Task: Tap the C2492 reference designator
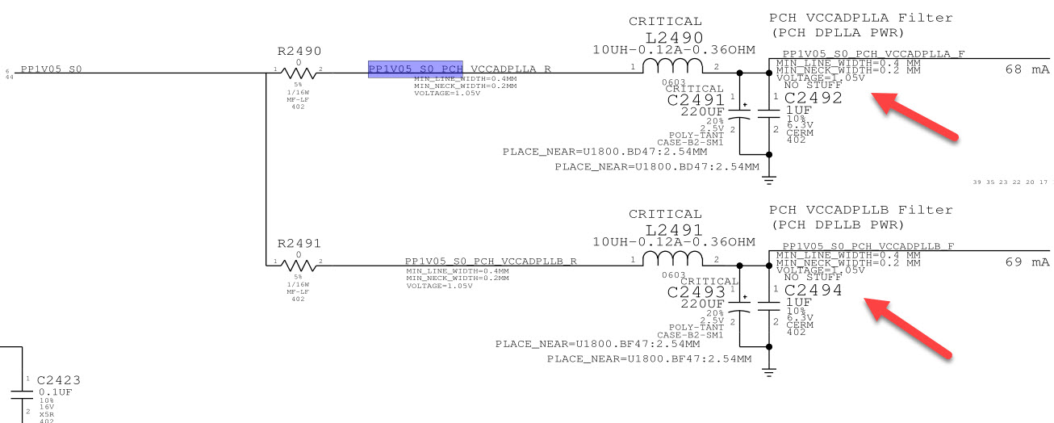point(813,98)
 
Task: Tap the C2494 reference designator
point(813,290)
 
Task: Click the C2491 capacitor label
point(695,100)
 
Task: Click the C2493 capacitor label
point(695,291)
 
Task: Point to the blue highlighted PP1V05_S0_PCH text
point(416,69)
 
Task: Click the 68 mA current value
point(1027,69)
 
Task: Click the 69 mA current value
point(1027,262)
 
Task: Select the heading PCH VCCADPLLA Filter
point(860,18)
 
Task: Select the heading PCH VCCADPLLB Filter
point(860,210)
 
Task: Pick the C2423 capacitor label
point(59,379)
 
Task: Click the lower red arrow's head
point(872,303)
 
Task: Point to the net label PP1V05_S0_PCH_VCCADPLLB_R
point(491,262)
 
